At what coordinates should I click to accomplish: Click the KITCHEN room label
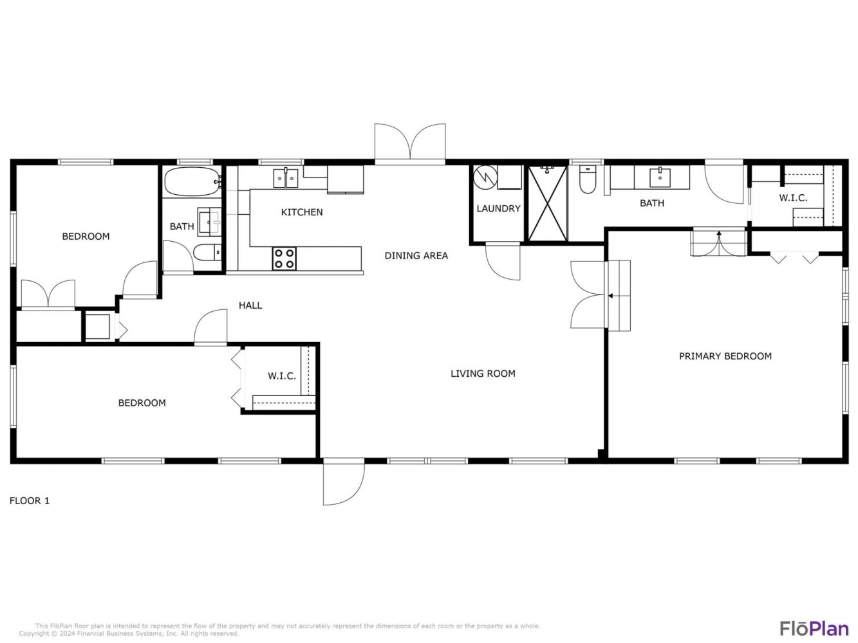(302, 212)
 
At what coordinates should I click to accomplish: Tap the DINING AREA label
(416, 256)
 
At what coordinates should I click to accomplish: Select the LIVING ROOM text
(483, 374)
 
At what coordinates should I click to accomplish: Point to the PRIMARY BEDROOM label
(725, 356)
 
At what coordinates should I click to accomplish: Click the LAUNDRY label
(498, 208)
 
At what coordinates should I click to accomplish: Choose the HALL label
(250, 305)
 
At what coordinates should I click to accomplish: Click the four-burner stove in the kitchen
(284, 258)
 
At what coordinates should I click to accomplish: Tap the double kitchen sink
(285, 178)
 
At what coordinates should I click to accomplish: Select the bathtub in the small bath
(192, 181)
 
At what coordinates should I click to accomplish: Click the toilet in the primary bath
(588, 179)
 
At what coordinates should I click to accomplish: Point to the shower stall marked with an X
(547, 203)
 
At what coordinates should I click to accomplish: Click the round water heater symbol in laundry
(485, 177)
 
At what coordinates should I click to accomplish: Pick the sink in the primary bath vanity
(660, 177)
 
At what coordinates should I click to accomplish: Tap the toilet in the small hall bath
(207, 253)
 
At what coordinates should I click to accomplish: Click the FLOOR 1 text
(30, 501)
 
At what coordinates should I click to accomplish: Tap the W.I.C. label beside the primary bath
(793, 198)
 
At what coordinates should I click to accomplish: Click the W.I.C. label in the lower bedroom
(282, 376)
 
